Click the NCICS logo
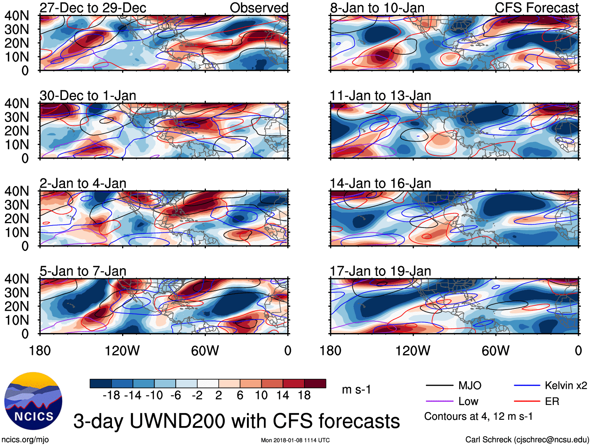pos(33,401)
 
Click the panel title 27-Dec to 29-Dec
pos(93,8)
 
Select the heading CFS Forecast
pos(536,8)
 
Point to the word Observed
pos(259,8)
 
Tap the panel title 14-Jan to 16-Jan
pos(380,183)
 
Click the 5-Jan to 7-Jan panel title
pos(83,271)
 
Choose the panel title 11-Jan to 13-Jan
pos(380,95)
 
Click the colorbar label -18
pos(112,396)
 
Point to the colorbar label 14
pos(283,396)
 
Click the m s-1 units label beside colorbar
pos(356,390)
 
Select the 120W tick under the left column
pos(122,351)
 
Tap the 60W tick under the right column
pos(496,351)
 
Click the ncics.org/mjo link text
pos(25,439)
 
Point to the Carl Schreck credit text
pos(527,439)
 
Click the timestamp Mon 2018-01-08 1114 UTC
pos(295,440)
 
